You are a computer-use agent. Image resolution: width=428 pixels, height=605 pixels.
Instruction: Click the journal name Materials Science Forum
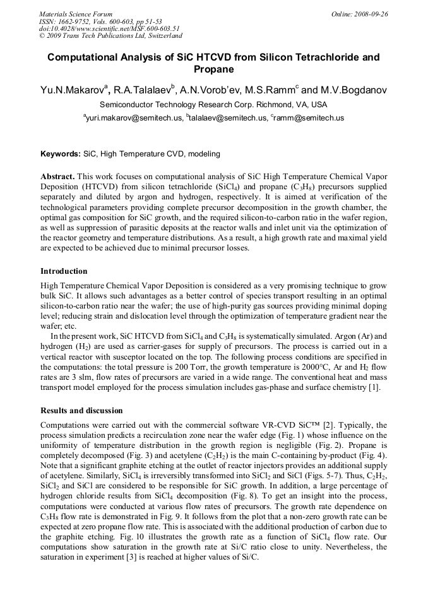coord(76,14)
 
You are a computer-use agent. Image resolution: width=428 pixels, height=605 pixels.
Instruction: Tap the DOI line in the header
coord(109,28)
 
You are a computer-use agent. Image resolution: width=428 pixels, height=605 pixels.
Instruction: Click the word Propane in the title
coord(213,69)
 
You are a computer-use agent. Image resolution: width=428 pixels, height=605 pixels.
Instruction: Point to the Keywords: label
coord(61,153)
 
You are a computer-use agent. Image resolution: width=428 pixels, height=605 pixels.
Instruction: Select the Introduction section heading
coord(64,271)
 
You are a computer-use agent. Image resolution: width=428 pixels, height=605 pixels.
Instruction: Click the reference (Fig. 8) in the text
coord(256,496)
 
